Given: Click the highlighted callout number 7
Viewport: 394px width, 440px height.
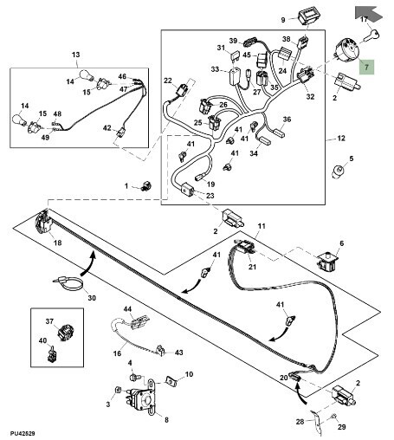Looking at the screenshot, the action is pyautogui.click(x=366, y=68).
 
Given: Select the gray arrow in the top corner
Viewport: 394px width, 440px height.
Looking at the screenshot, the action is pyautogui.click(x=369, y=13).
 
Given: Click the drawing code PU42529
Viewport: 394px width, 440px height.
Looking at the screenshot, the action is pyautogui.click(x=23, y=433).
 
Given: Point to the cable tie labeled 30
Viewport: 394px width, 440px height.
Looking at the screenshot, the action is pyautogui.click(x=68, y=282).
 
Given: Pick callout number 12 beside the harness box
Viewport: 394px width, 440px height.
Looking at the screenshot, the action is pyautogui.click(x=341, y=139).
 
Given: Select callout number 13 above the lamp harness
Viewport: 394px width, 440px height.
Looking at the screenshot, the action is pyautogui.click(x=75, y=55).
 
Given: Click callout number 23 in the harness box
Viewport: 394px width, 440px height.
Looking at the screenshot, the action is pyautogui.click(x=210, y=196).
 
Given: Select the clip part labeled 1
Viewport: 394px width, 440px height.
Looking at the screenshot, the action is pyautogui.click(x=147, y=186).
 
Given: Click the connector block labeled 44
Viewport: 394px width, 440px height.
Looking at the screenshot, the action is pyautogui.click(x=139, y=322).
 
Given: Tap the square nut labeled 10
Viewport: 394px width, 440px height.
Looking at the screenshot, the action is pyautogui.click(x=171, y=382).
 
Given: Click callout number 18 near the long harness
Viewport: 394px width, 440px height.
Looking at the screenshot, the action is pyautogui.click(x=58, y=243).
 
